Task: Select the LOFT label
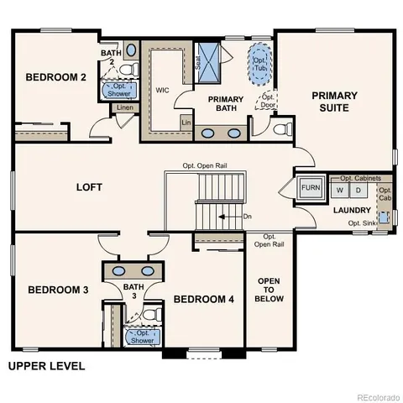(x=88, y=186)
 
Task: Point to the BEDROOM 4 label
(x=204, y=300)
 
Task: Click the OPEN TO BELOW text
(x=270, y=290)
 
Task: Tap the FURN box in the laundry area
(x=311, y=187)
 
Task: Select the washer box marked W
(x=341, y=190)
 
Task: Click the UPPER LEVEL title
(x=46, y=366)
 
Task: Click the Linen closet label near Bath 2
(x=124, y=108)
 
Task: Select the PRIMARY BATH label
(x=225, y=103)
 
